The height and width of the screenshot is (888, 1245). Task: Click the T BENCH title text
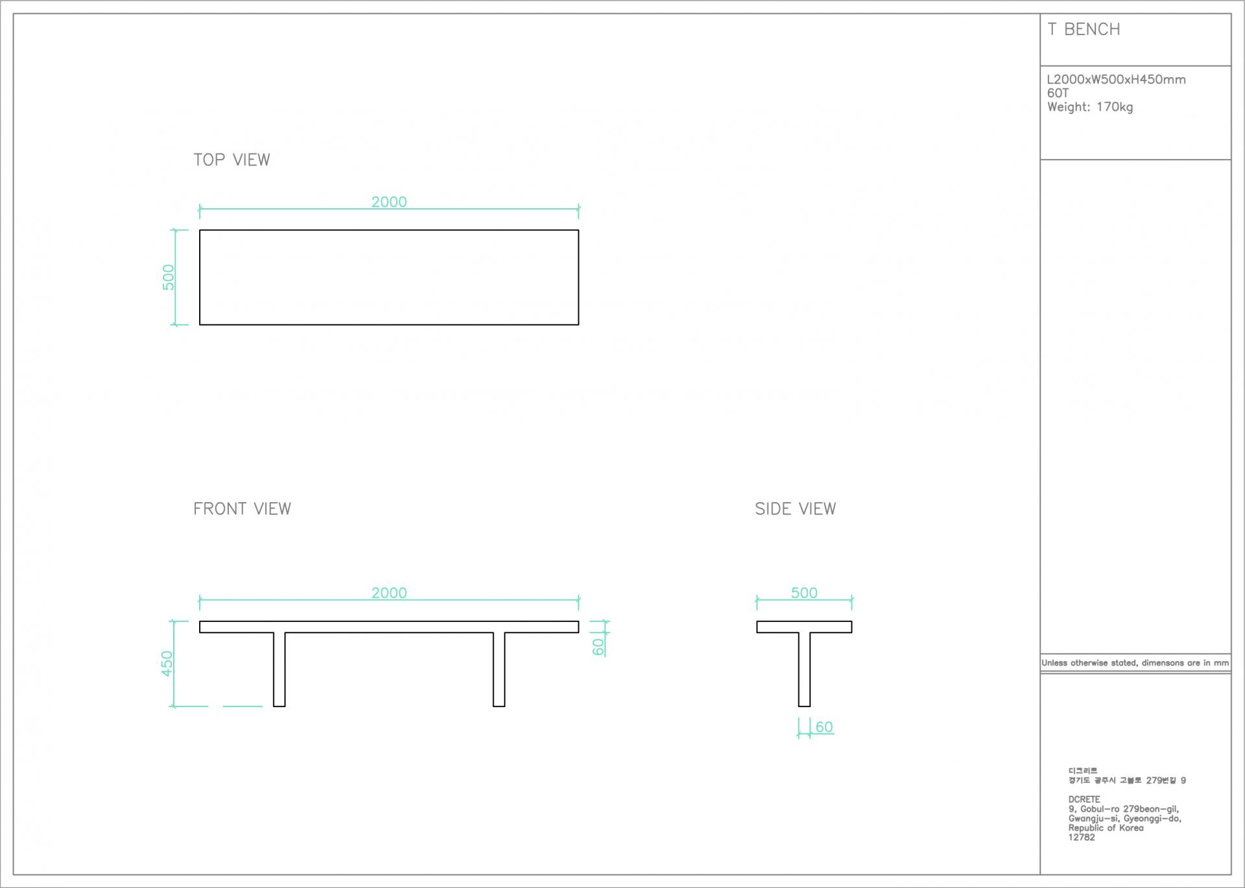[x=1084, y=30]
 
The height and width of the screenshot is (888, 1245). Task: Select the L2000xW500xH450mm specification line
[x=1116, y=80]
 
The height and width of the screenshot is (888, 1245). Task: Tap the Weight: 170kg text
[x=1090, y=107]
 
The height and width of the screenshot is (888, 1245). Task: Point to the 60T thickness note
[x=1058, y=93]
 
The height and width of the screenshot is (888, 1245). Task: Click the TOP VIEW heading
[x=231, y=160]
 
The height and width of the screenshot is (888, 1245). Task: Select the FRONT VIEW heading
[x=242, y=509]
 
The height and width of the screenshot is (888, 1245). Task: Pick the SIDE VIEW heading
[x=795, y=509]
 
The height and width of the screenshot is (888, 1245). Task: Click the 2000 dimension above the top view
[x=389, y=202]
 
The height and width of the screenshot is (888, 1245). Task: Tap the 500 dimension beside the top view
[x=169, y=277]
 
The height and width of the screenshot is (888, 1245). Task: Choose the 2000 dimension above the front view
[x=389, y=593]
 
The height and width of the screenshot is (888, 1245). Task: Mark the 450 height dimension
[x=167, y=664]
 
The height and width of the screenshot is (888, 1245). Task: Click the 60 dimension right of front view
[x=598, y=647]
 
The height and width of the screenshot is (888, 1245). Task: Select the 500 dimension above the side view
[x=804, y=593]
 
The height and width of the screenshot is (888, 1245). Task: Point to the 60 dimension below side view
[x=824, y=727]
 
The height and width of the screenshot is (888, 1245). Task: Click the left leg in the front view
[x=279, y=669]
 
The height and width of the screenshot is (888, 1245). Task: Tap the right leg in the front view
[x=499, y=669]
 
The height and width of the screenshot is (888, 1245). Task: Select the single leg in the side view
[x=804, y=669]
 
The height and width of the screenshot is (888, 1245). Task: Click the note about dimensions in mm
[x=1135, y=663]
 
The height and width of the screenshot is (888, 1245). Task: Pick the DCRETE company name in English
[x=1084, y=799]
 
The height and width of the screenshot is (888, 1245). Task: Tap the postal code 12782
[x=1082, y=837]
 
